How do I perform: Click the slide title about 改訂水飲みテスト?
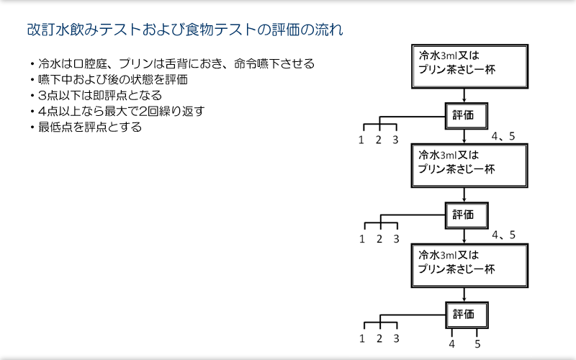pyautogui.click(x=185, y=30)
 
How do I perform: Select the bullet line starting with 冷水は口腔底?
pyautogui.click(x=173, y=64)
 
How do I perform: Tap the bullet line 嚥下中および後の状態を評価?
pyautogui.click(x=109, y=80)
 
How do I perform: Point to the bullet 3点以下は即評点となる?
pyautogui.click(x=96, y=96)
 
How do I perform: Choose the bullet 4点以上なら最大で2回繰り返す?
pyautogui.click(x=117, y=112)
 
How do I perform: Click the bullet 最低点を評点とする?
pyautogui.click(x=86, y=127)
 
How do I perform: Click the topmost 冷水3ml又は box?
pyautogui.click(x=470, y=66)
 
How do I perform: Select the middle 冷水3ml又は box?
pyautogui.click(x=469, y=166)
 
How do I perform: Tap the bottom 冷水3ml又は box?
pyautogui.click(x=469, y=266)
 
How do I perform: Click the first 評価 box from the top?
pyautogui.click(x=467, y=116)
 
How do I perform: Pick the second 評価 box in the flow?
pyautogui.click(x=467, y=215)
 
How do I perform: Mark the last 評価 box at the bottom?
pyautogui.click(x=467, y=315)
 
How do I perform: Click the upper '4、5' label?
pyautogui.click(x=503, y=136)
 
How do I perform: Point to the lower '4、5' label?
pyautogui.click(x=503, y=235)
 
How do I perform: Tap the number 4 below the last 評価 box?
pyautogui.click(x=452, y=344)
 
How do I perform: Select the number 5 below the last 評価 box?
pyautogui.click(x=477, y=344)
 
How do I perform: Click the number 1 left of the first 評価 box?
pyautogui.click(x=361, y=140)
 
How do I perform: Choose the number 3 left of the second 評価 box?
pyautogui.click(x=397, y=239)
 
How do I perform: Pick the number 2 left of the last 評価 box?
pyautogui.click(x=379, y=338)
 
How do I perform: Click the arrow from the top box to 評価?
pyautogui.click(x=464, y=96)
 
